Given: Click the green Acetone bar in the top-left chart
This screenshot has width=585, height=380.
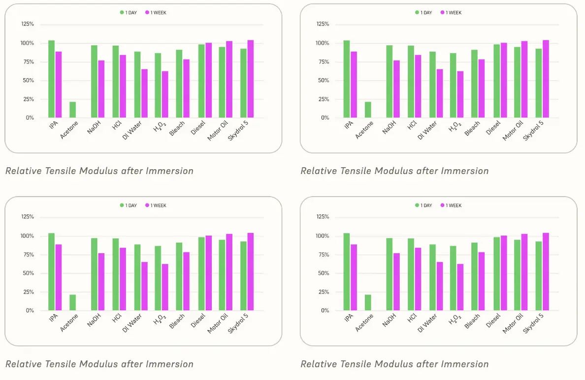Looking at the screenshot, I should (x=72, y=110).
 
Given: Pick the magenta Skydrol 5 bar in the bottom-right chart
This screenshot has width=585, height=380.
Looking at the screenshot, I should (x=546, y=271).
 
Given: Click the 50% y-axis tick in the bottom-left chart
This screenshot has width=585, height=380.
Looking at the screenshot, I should (x=28, y=273).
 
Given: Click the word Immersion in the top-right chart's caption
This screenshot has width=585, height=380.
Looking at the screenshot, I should (x=464, y=171).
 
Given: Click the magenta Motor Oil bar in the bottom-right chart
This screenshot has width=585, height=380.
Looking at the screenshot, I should (x=524, y=272).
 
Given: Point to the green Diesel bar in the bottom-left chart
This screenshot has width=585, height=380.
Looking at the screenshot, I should (x=201, y=274).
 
